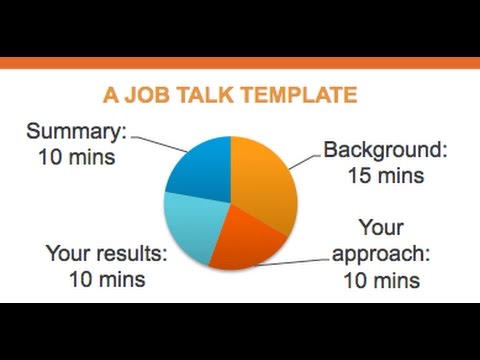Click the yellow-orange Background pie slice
click(265, 180)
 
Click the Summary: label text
click(76, 131)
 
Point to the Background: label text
click(384, 151)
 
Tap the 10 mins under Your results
click(106, 279)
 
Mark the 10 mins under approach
click(381, 281)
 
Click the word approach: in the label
click(383, 254)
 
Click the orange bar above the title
click(240, 63)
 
